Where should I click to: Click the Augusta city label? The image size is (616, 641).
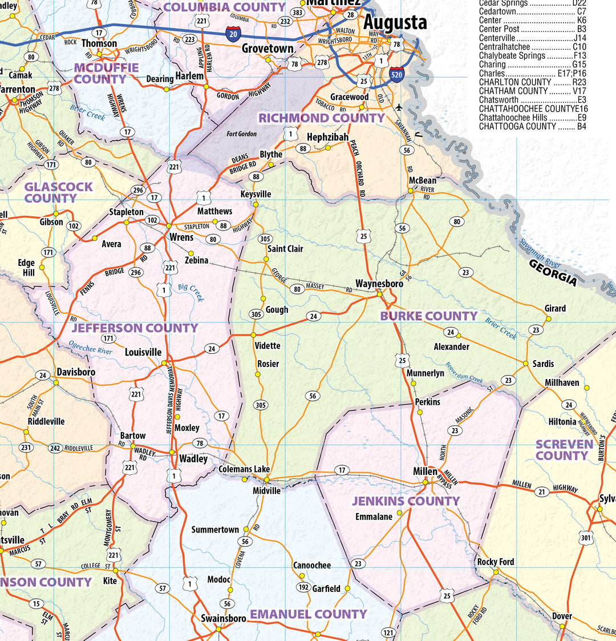(x=395, y=23)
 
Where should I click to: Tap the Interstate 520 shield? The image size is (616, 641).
(x=398, y=74)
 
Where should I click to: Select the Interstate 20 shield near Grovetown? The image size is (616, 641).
(x=233, y=34)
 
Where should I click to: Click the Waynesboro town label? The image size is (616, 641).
(x=379, y=284)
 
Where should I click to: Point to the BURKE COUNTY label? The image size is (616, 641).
(x=429, y=316)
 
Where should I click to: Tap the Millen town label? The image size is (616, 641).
(x=425, y=471)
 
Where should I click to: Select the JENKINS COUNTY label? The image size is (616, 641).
(x=406, y=501)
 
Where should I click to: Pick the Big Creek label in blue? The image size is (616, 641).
(x=191, y=293)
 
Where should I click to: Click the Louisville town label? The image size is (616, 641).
(x=143, y=353)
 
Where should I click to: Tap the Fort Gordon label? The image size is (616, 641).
(x=241, y=134)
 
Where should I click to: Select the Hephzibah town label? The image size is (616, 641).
(x=327, y=138)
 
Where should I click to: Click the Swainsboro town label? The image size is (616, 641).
(x=223, y=619)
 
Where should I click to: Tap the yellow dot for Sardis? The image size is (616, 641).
(x=526, y=363)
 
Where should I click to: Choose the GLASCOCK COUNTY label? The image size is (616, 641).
(x=58, y=192)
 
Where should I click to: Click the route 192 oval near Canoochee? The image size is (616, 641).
(x=303, y=587)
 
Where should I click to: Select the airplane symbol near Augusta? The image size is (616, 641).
(x=398, y=107)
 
